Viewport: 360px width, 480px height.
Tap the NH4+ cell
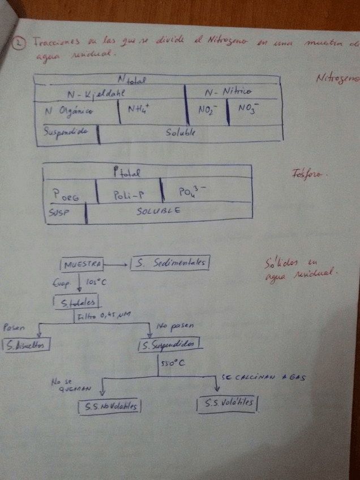pos(139,109)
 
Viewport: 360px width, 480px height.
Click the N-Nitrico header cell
pos(228,92)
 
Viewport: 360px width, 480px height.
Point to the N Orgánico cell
pos(68,110)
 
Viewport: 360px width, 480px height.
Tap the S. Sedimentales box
pos(170,263)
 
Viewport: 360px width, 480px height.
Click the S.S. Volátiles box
pos(226,404)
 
